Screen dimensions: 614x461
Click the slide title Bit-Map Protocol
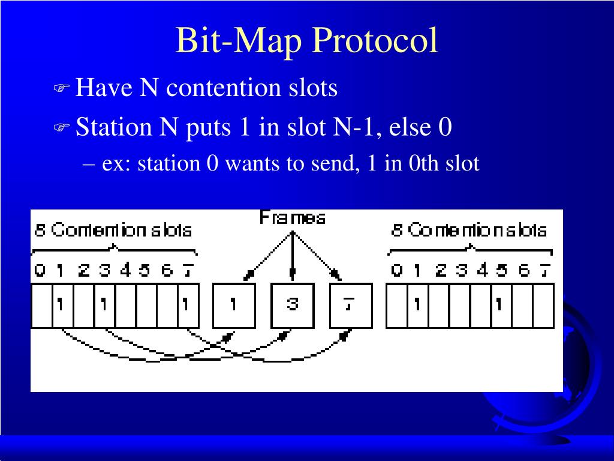[306, 41]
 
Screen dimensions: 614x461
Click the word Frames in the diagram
[293, 218]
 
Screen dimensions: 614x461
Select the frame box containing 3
[292, 306]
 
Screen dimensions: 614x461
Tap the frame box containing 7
[351, 306]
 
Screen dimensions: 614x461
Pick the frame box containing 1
[234, 306]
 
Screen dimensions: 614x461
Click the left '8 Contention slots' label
[113, 230]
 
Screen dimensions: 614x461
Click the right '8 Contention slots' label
[469, 230]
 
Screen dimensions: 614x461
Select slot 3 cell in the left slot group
[104, 306]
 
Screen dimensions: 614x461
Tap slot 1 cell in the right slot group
[417, 306]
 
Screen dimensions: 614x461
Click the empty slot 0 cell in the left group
[41, 306]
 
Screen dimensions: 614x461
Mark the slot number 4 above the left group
[125, 271]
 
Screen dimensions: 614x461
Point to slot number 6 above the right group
[524, 271]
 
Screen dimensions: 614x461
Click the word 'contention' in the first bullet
[224, 88]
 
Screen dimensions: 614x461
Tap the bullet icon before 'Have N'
[62, 89]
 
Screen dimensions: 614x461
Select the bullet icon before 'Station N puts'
[62, 128]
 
